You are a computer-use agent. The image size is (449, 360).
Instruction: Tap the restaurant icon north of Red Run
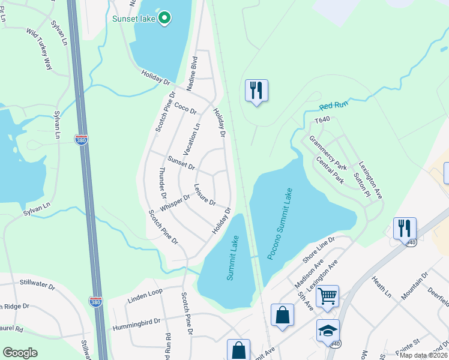pos(256,91)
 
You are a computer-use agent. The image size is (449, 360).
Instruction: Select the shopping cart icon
pos(327,296)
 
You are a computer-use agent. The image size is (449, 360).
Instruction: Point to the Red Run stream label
pos(334,106)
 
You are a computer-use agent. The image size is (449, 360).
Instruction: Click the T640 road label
pos(323,120)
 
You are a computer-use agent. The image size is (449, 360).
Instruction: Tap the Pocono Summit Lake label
pos(280,224)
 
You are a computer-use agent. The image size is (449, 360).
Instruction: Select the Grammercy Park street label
pos(328,152)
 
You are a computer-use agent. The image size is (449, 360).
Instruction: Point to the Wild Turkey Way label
pos(38,49)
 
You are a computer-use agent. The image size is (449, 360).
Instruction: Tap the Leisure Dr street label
pos(205,195)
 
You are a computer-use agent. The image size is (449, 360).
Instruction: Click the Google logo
pos(20,353)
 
